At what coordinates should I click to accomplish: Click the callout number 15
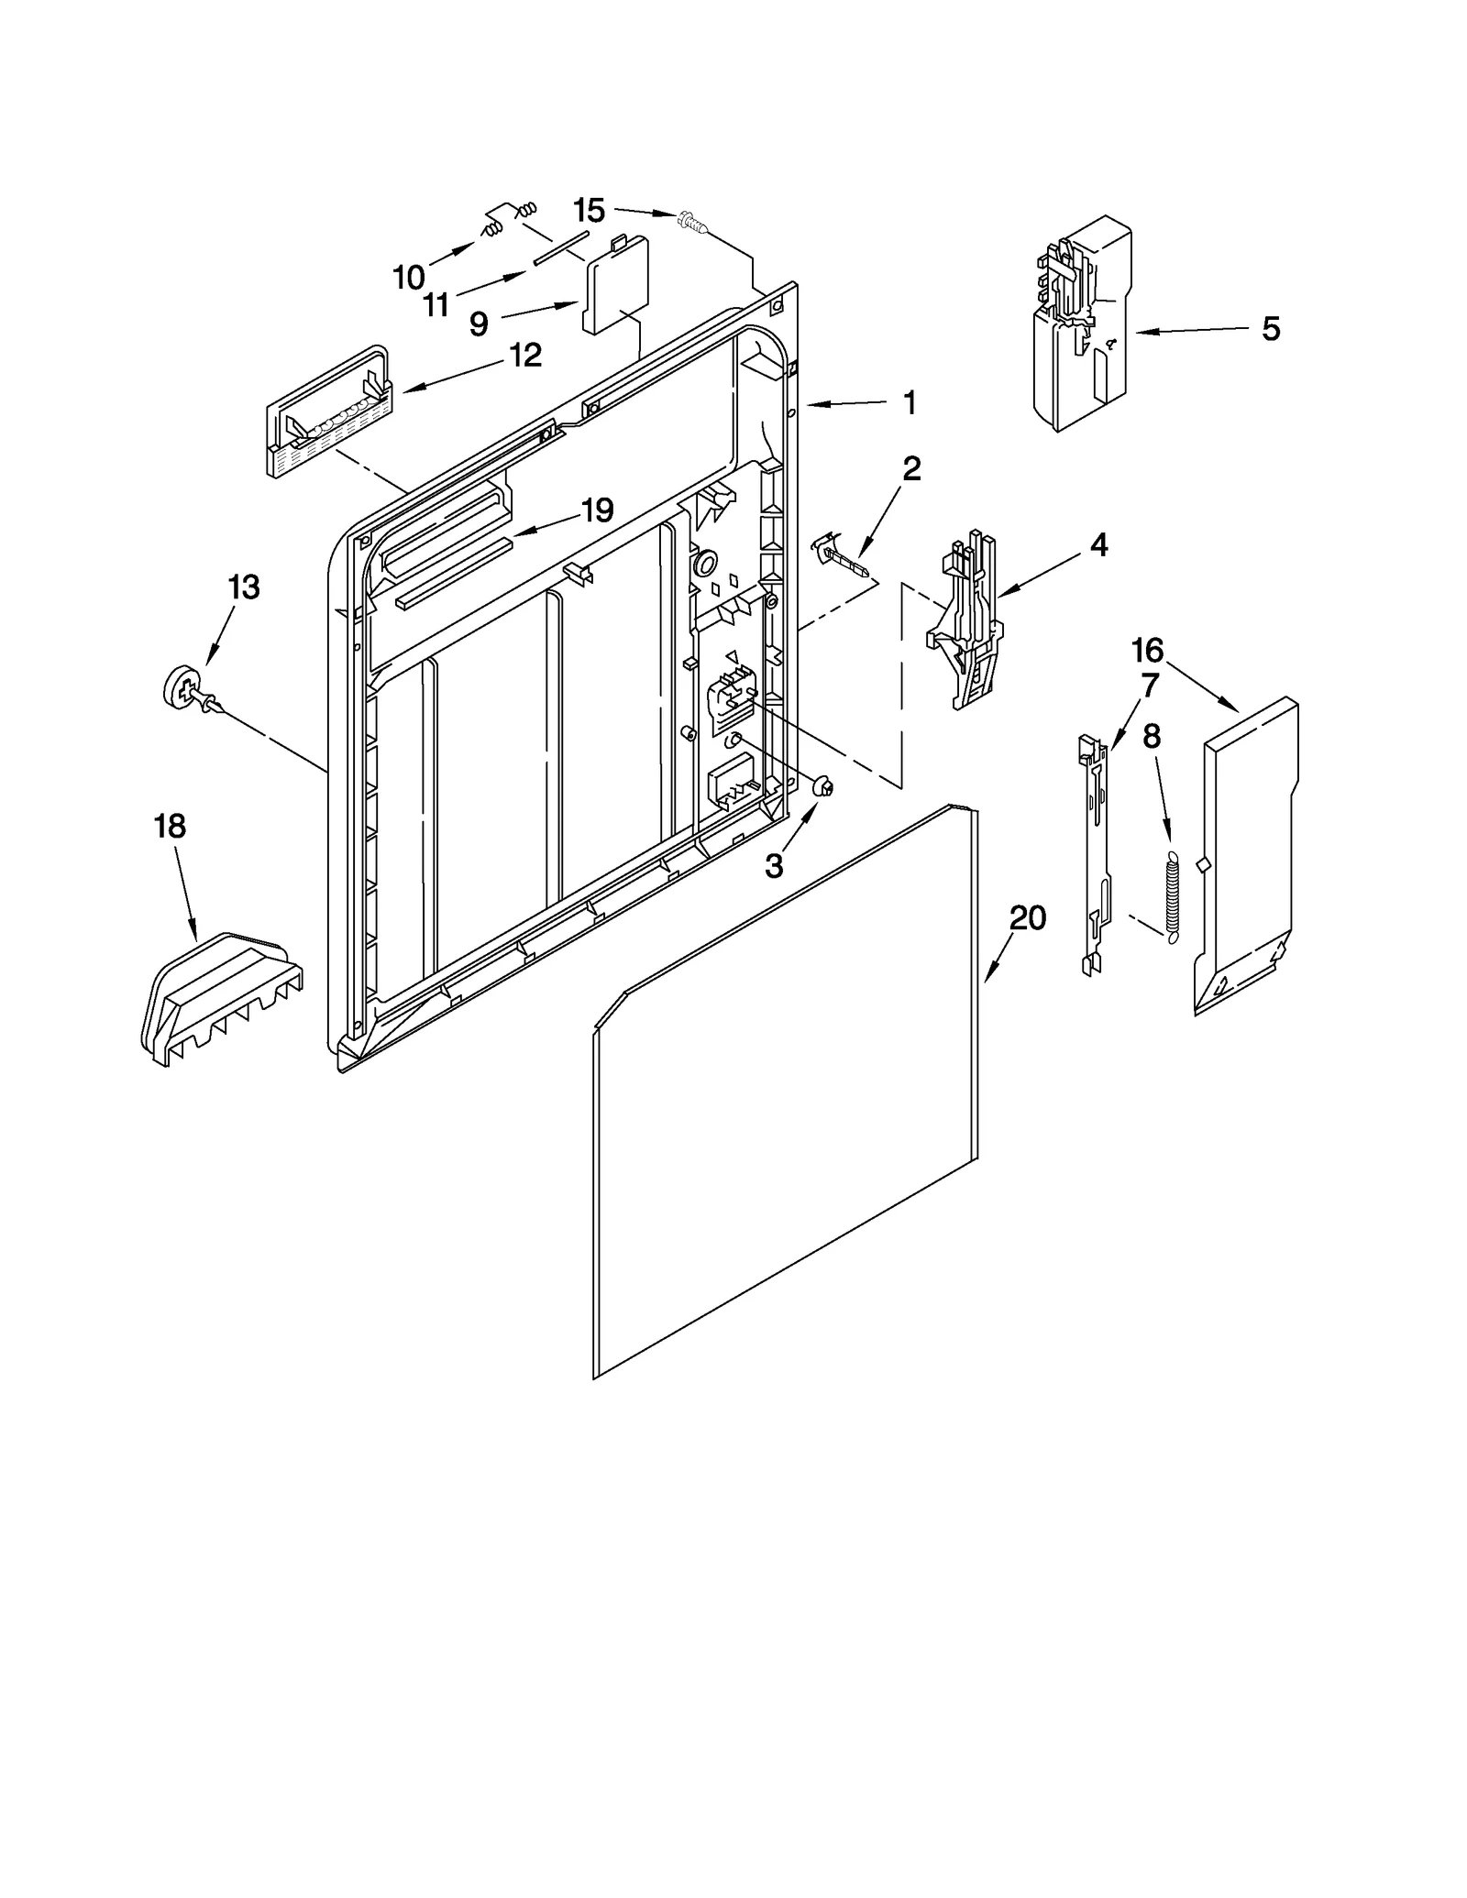point(589,211)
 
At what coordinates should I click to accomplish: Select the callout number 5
point(1270,329)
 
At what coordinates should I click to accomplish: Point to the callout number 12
point(525,355)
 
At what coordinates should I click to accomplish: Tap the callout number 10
point(409,276)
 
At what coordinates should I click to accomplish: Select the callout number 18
point(171,826)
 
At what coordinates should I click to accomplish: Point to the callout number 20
point(1027,917)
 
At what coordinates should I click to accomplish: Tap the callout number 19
point(597,510)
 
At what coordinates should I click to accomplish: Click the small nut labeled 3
point(822,784)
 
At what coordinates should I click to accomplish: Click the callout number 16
point(1147,651)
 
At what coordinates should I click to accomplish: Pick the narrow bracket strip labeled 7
point(1095,852)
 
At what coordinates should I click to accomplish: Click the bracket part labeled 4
point(968,623)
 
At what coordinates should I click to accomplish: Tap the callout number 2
point(910,468)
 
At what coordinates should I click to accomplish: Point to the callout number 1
point(909,402)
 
